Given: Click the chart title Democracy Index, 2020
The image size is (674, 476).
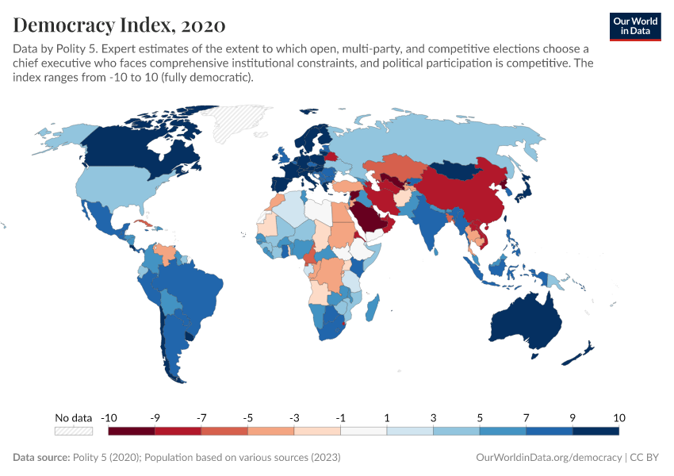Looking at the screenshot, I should (x=119, y=25).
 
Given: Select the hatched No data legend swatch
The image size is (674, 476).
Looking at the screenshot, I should (x=73, y=431).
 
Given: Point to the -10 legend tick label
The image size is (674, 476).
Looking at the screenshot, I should (x=109, y=417).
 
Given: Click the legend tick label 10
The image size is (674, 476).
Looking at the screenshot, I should (x=618, y=417).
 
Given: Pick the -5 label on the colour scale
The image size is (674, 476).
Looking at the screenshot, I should (x=247, y=417).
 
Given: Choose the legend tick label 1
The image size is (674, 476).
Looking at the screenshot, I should (x=387, y=417).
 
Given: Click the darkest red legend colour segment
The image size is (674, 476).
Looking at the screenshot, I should (x=132, y=431).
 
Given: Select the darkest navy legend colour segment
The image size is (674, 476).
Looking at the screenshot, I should (x=595, y=431).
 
